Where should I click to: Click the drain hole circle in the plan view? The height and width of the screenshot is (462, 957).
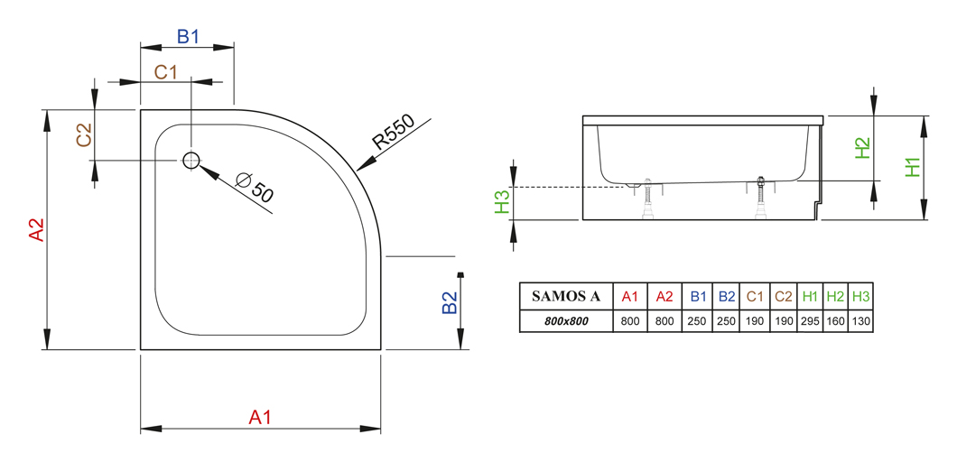(191, 161)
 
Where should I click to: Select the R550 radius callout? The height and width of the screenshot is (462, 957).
(394, 133)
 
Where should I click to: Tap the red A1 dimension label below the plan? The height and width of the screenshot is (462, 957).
(260, 418)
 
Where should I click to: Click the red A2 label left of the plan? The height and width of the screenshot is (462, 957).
(38, 229)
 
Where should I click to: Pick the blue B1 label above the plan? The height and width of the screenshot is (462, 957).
(188, 37)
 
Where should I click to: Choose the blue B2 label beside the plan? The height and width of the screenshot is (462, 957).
(450, 302)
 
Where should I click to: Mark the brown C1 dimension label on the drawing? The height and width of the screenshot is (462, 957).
(165, 72)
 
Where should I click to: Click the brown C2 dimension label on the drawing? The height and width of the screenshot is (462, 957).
(84, 134)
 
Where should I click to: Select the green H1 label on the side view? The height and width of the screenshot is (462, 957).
(912, 167)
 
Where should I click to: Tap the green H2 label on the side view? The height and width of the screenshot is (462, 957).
(862, 148)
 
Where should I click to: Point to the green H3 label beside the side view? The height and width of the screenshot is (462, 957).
(502, 202)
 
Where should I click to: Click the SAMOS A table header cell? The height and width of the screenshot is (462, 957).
(566, 297)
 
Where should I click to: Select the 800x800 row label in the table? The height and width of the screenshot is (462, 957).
(566, 321)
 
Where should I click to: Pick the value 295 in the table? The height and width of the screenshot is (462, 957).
(810, 321)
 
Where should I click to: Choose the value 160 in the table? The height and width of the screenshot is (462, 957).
(835, 321)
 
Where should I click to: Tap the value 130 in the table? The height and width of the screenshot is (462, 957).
(860, 321)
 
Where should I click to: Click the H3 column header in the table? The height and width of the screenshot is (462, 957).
(860, 297)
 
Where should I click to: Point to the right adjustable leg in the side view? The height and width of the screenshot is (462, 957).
(760, 197)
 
